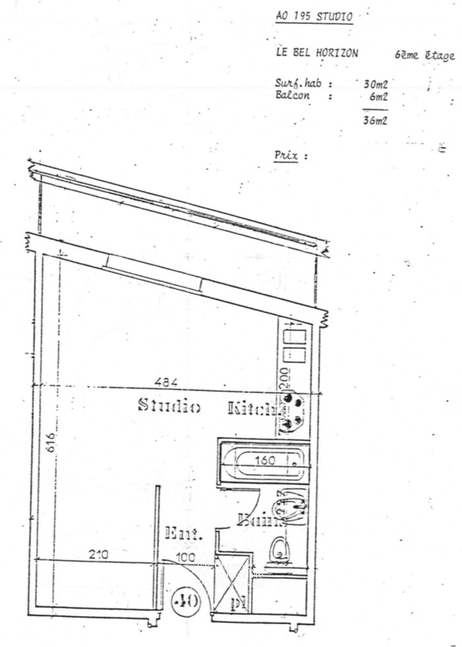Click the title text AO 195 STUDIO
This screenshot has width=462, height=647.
click(314, 17)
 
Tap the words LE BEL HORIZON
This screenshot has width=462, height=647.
click(317, 53)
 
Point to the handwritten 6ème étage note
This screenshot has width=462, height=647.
click(425, 56)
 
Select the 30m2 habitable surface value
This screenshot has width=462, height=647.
click(375, 84)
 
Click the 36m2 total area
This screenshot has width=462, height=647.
click(375, 121)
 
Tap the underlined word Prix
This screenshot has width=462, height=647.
click(286, 156)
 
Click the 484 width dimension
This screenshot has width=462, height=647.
click(166, 382)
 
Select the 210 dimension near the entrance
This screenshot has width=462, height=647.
click(99, 554)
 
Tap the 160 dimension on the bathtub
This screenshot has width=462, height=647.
click(265, 460)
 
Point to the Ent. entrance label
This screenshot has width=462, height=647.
click(184, 533)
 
